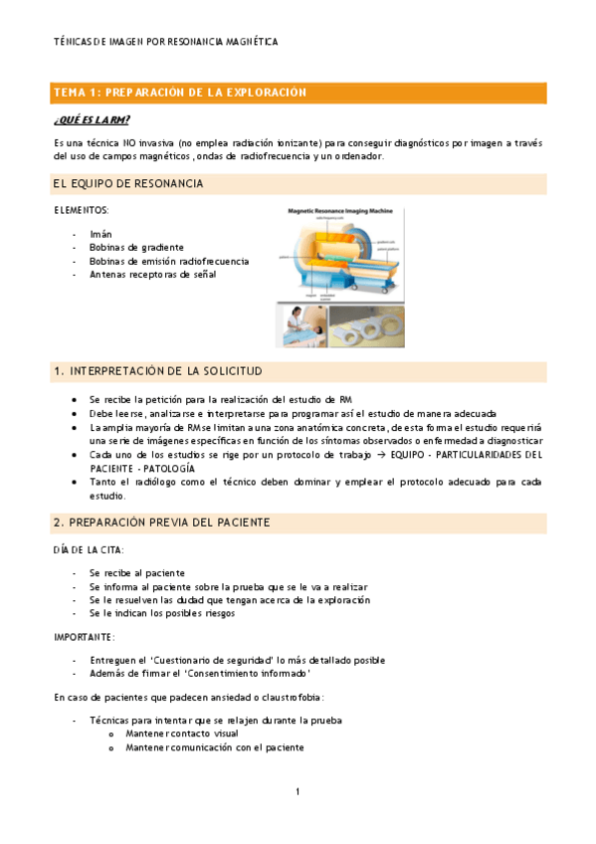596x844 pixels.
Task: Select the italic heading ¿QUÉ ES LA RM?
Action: (x=92, y=120)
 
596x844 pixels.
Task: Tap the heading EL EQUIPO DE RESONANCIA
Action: (x=128, y=184)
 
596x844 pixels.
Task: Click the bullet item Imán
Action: (x=100, y=234)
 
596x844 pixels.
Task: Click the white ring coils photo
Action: (x=367, y=325)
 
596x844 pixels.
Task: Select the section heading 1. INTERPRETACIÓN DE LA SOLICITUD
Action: (x=157, y=371)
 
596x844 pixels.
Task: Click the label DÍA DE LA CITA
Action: (x=88, y=550)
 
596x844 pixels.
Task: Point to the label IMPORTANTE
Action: (x=85, y=637)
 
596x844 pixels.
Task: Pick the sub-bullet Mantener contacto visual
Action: (x=182, y=735)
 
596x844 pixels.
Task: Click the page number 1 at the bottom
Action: (x=298, y=792)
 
